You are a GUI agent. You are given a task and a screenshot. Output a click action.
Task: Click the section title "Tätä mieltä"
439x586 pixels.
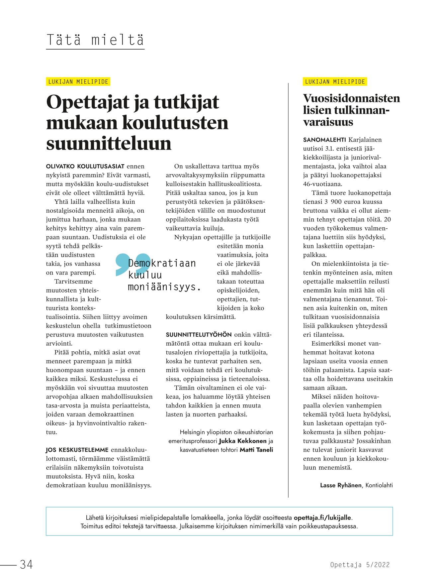pyautogui.click(x=95, y=40)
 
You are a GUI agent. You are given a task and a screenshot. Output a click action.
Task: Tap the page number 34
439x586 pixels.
pyautogui.click(x=27, y=564)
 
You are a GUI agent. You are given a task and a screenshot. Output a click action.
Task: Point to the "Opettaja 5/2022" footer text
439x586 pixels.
pyautogui.click(x=360, y=564)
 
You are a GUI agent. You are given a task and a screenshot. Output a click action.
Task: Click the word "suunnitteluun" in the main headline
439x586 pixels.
pyautogui.click(x=109, y=143)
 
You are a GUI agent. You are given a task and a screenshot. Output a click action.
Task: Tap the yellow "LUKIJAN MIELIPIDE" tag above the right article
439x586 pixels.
pyautogui.click(x=335, y=81)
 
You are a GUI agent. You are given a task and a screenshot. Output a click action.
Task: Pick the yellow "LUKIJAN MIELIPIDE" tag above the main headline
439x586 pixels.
pyautogui.click(x=78, y=81)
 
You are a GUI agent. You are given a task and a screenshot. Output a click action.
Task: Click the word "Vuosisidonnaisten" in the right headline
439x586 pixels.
pyautogui.click(x=351, y=98)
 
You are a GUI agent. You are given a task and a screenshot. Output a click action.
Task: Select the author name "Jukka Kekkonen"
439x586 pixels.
pyautogui.click(x=242, y=441)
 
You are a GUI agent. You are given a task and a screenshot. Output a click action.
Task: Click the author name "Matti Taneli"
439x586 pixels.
pyautogui.click(x=256, y=450)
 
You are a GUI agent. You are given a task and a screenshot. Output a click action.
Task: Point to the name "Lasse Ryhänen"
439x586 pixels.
pyautogui.click(x=340, y=485)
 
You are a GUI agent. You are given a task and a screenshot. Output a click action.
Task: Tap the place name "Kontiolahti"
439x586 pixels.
pyautogui.click(x=379, y=485)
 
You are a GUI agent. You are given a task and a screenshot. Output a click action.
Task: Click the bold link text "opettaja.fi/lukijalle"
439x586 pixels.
pyautogui.click(x=322, y=518)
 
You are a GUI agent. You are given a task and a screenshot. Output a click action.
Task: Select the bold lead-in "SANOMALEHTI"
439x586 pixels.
pyautogui.click(x=324, y=140)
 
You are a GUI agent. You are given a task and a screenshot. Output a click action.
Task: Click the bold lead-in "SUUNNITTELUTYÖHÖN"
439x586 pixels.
pyautogui.click(x=199, y=335)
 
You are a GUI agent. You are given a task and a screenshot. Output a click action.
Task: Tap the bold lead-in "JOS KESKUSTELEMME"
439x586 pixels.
pyautogui.click(x=77, y=450)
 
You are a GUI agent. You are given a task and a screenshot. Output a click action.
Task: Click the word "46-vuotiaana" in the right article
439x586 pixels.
pyautogui.click(x=322, y=184)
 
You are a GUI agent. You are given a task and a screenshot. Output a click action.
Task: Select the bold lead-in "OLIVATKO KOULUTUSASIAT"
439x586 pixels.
pyautogui.click(x=85, y=166)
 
